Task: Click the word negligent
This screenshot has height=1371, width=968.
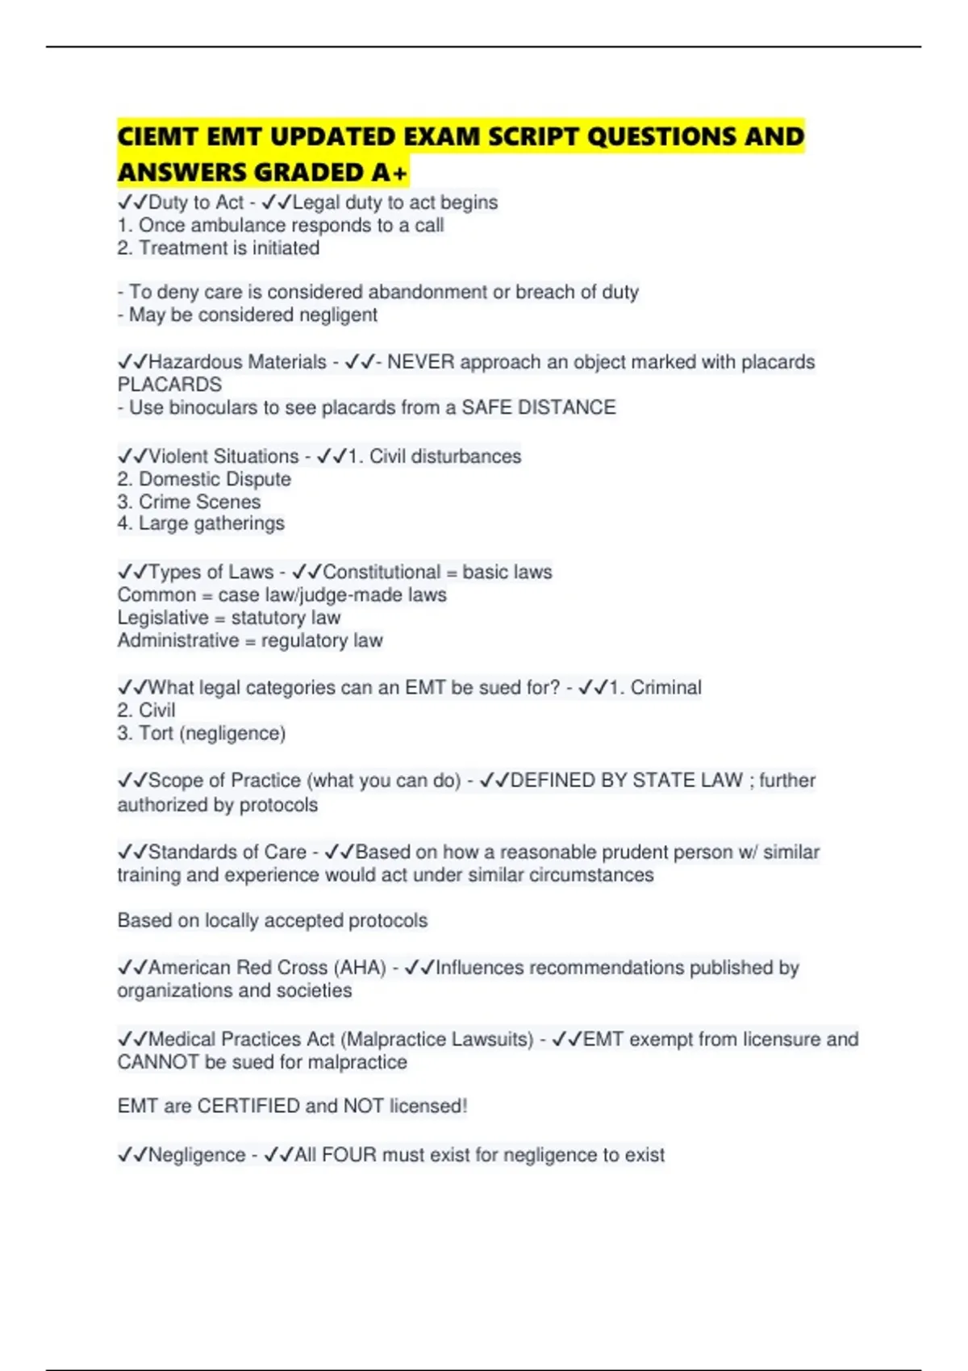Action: pos(338,315)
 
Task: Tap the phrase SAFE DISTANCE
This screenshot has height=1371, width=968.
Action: pos(538,408)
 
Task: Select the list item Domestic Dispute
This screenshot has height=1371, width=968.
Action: pos(215,479)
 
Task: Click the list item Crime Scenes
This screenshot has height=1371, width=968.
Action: pos(199,502)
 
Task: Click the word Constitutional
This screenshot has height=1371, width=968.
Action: pos(382,573)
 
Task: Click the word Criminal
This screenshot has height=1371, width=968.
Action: pos(665,688)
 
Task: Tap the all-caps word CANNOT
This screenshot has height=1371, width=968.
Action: pos(158,1062)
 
